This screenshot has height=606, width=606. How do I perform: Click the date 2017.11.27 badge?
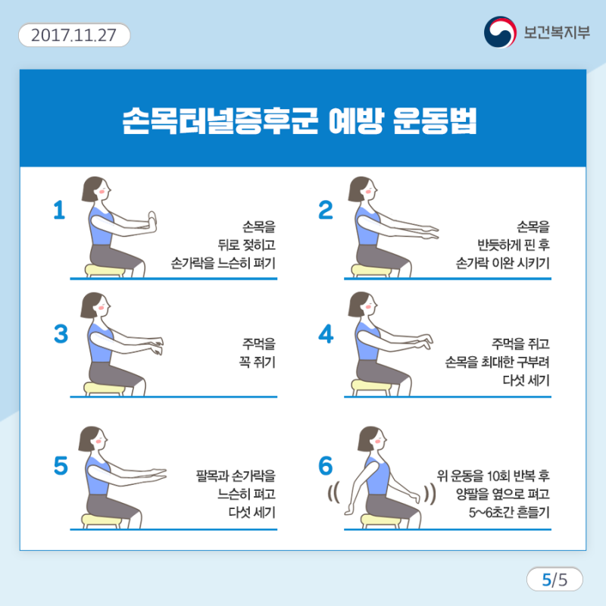pos(74,35)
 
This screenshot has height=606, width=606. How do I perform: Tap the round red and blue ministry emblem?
pos(500,32)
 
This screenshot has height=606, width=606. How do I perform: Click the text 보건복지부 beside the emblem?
pos(557,33)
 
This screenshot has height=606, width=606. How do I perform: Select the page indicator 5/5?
pos(554,579)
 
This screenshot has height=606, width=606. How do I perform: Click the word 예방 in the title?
pos(356,120)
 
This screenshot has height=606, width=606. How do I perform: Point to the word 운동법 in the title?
pos(435,120)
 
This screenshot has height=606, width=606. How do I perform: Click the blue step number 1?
pos(59,210)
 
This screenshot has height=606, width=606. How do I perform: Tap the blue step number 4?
pos(326,334)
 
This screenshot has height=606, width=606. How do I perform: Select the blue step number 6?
pos(326,465)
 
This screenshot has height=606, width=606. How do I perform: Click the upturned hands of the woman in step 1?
pos(152,221)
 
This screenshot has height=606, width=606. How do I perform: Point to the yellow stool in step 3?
pos(104,389)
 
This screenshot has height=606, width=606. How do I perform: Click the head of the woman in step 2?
pos(362,189)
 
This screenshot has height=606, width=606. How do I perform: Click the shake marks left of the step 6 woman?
pos(334,492)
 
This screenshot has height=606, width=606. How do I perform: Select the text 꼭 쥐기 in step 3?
pos(257,362)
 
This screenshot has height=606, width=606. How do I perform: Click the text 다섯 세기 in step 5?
pos(251,513)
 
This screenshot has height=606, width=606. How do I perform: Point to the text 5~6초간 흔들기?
pos(509,513)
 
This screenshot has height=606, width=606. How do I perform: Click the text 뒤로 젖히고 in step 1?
pos(247,245)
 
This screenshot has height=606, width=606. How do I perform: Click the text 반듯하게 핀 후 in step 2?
pos(514,245)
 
